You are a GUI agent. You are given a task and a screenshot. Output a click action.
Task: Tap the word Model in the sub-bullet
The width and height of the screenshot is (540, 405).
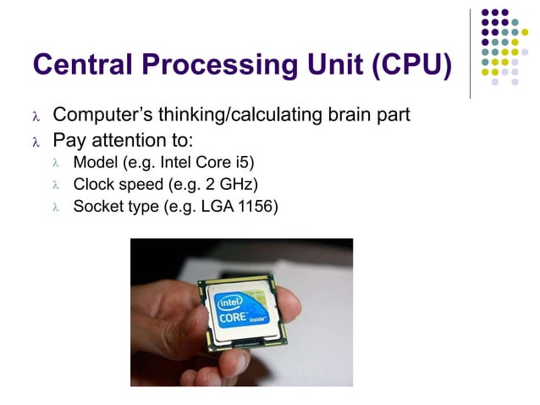click(x=94, y=161)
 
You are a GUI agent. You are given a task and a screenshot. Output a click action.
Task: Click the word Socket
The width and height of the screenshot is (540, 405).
click(x=97, y=205)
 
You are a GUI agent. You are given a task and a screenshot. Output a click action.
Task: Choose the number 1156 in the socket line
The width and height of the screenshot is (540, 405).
click(x=256, y=205)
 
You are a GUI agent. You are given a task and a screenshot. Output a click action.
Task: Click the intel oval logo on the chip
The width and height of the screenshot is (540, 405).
click(x=231, y=302)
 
